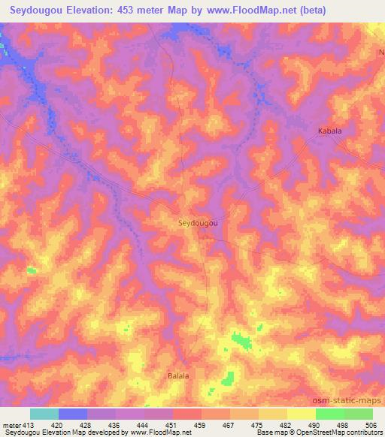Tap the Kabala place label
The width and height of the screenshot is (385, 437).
coord(328,131)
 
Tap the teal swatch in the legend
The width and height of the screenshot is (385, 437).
coord(44,414)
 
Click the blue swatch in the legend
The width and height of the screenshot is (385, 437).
coord(73,414)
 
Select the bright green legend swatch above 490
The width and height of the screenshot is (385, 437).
coord(329,414)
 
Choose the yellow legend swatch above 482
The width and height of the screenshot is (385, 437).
coord(301,414)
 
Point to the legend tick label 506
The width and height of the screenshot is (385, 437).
coord(372,424)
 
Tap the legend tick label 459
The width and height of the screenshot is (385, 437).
coord(201,424)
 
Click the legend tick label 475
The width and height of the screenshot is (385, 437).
coord(258,424)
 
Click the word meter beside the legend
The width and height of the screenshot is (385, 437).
coord(11,424)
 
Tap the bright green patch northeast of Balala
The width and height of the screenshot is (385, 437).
coord(241,342)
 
